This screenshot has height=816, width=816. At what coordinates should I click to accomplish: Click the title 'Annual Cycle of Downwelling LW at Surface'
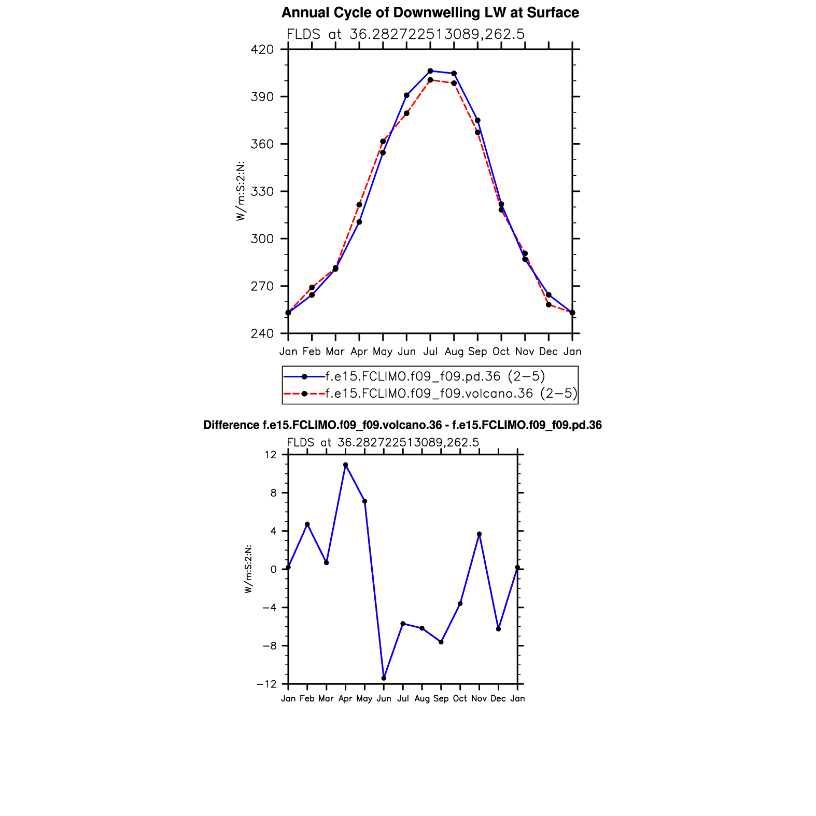[x=430, y=13]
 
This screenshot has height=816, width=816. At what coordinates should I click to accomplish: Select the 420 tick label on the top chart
[x=262, y=50]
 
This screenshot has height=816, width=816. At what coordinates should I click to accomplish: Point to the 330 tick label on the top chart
[x=262, y=192]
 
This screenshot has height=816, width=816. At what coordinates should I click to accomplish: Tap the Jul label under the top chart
[x=430, y=351]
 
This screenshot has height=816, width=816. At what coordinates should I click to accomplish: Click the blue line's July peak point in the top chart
[x=430, y=71]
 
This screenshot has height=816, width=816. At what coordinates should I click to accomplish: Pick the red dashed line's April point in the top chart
[x=359, y=205]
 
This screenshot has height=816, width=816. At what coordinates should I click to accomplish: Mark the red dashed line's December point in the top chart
[x=548, y=305]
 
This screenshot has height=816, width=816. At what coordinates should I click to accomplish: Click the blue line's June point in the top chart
[x=406, y=95]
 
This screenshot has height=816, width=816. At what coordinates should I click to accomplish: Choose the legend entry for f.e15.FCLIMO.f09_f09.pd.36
[x=434, y=376]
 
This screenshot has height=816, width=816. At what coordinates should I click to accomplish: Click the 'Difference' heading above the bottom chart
[x=402, y=426]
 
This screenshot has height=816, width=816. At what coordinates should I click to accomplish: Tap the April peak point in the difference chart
[x=345, y=465]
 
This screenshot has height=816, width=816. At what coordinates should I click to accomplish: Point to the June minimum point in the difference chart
[x=384, y=678]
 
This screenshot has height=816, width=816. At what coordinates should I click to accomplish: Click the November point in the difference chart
[x=479, y=534]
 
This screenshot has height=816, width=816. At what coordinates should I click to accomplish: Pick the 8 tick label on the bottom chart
[x=273, y=493]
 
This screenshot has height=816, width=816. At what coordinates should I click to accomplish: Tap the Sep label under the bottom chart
[x=441, y=699]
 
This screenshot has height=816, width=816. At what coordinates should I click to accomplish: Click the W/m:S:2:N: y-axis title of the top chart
[x=241, y=191]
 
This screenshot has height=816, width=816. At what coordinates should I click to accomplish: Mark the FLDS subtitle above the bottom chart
[x=383, y=443]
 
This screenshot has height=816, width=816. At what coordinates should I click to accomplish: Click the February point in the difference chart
[x=307, y=524]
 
